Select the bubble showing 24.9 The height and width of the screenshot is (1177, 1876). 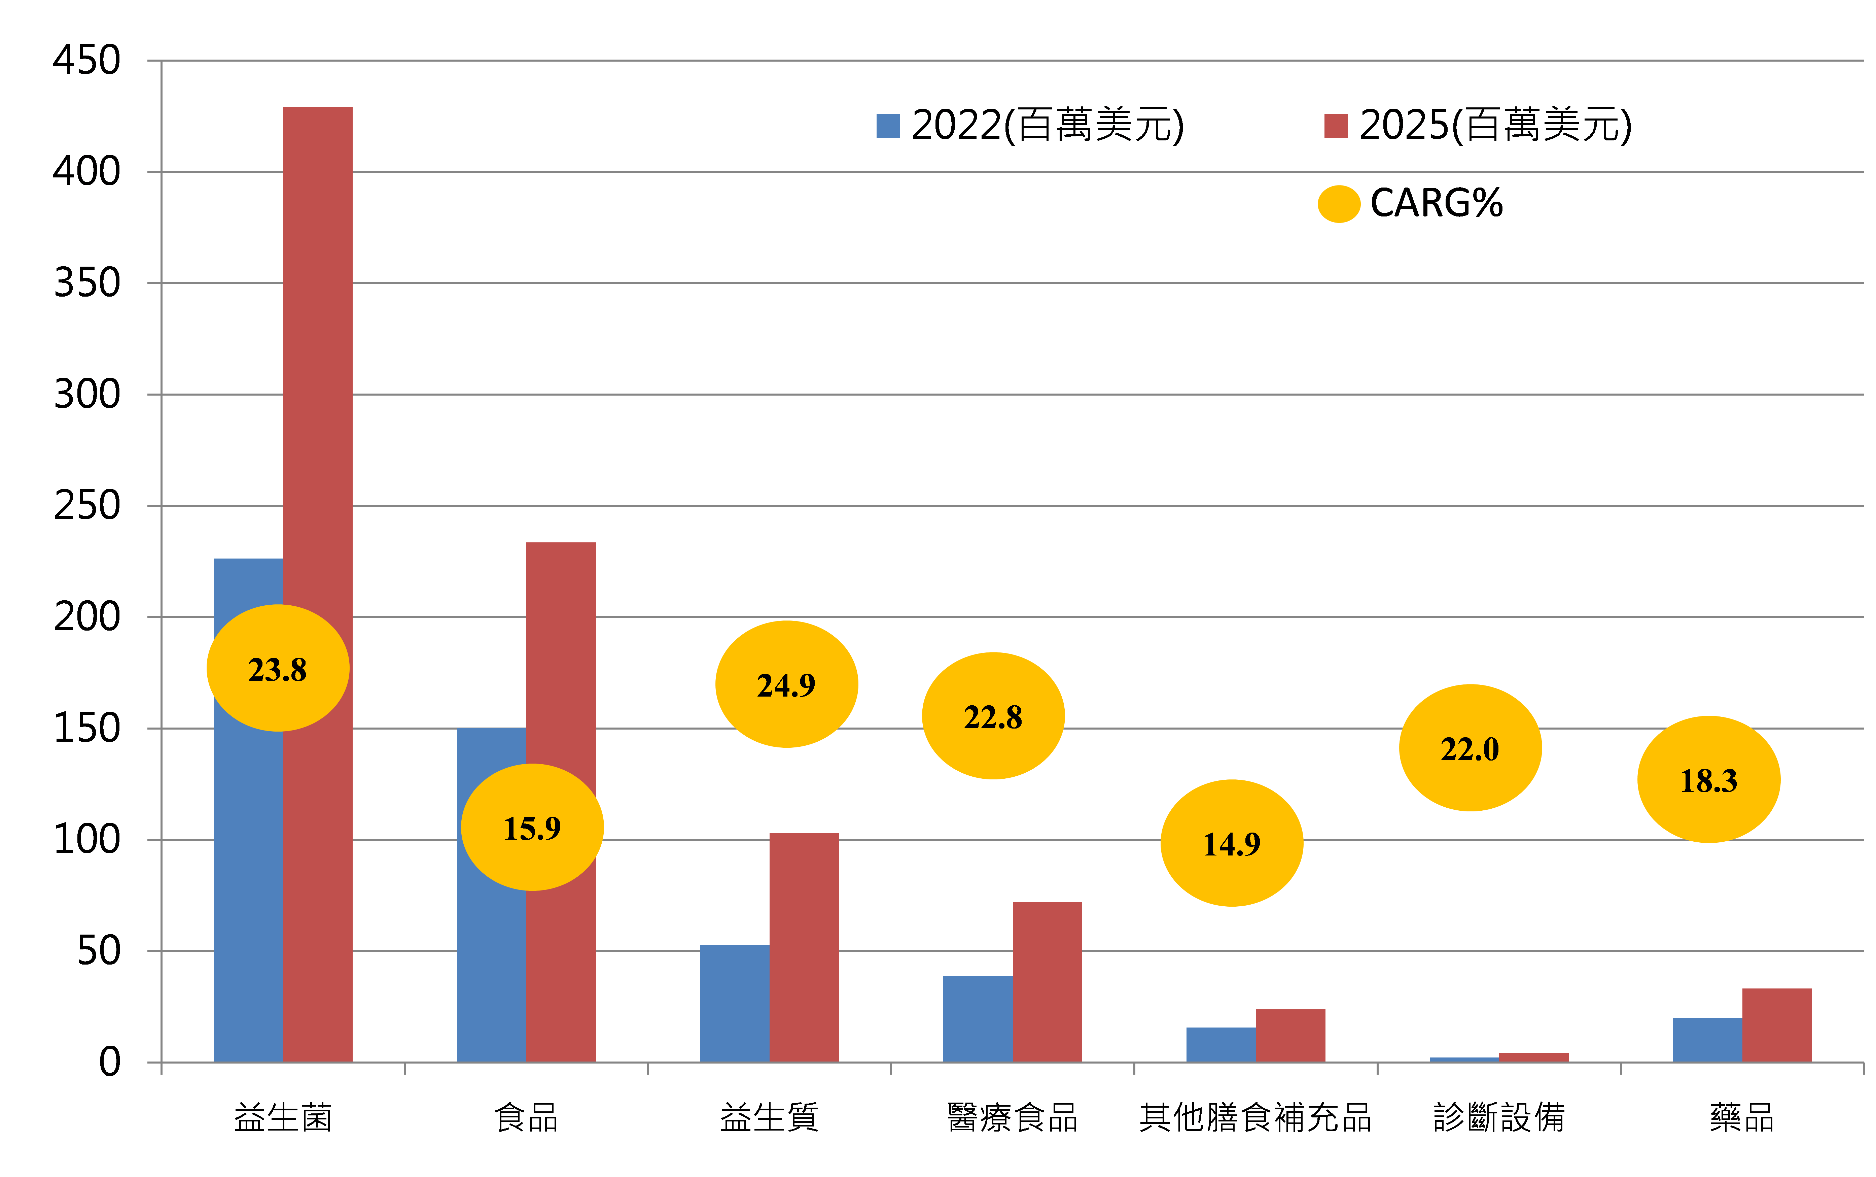tap(787, 684)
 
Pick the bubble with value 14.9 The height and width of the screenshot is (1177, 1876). tap(1232, 843)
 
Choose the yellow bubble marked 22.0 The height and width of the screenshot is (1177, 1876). tap(1470, 748)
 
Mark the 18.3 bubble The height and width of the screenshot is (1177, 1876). tap(1709, 779)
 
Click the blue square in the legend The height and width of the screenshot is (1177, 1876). tap(888, 126)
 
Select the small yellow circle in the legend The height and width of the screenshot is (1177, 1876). tap(1338, 204)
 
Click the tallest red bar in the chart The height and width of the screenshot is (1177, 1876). tap(317, 350)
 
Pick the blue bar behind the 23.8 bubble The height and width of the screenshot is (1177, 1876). tap(247, 895)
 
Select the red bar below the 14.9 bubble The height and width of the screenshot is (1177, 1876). tap(1290, 1035)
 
